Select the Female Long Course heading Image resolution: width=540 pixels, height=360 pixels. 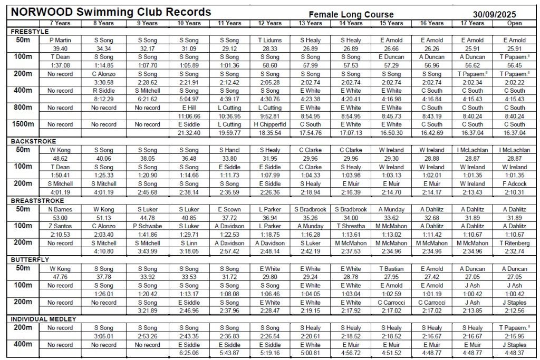(x=351, y=14)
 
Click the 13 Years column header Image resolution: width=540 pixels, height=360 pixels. (x=310, y=23)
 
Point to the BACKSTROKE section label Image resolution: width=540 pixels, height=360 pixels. (x=34, y=142)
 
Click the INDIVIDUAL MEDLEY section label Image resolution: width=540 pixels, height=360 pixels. (x=44, y=319)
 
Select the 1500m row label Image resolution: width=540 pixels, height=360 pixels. (x=23, y=124)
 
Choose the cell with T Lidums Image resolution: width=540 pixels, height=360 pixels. (x=269, y=40)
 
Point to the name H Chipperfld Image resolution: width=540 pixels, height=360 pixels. (x=269, y=124)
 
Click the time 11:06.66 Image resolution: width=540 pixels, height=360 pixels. (x=189, y=115)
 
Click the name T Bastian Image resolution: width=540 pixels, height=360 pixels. (x=391, y=269)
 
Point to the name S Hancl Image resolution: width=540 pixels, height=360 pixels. (x=229, y=150)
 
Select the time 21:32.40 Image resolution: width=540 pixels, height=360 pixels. (x=189, y=132)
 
